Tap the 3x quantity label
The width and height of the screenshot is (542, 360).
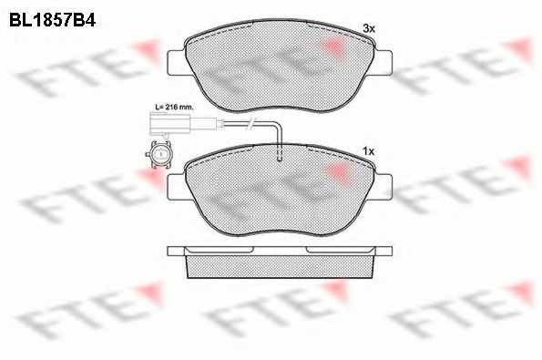click(x=369, y=29)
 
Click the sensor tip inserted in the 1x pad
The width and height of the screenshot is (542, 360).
click(x=281, y=157)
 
